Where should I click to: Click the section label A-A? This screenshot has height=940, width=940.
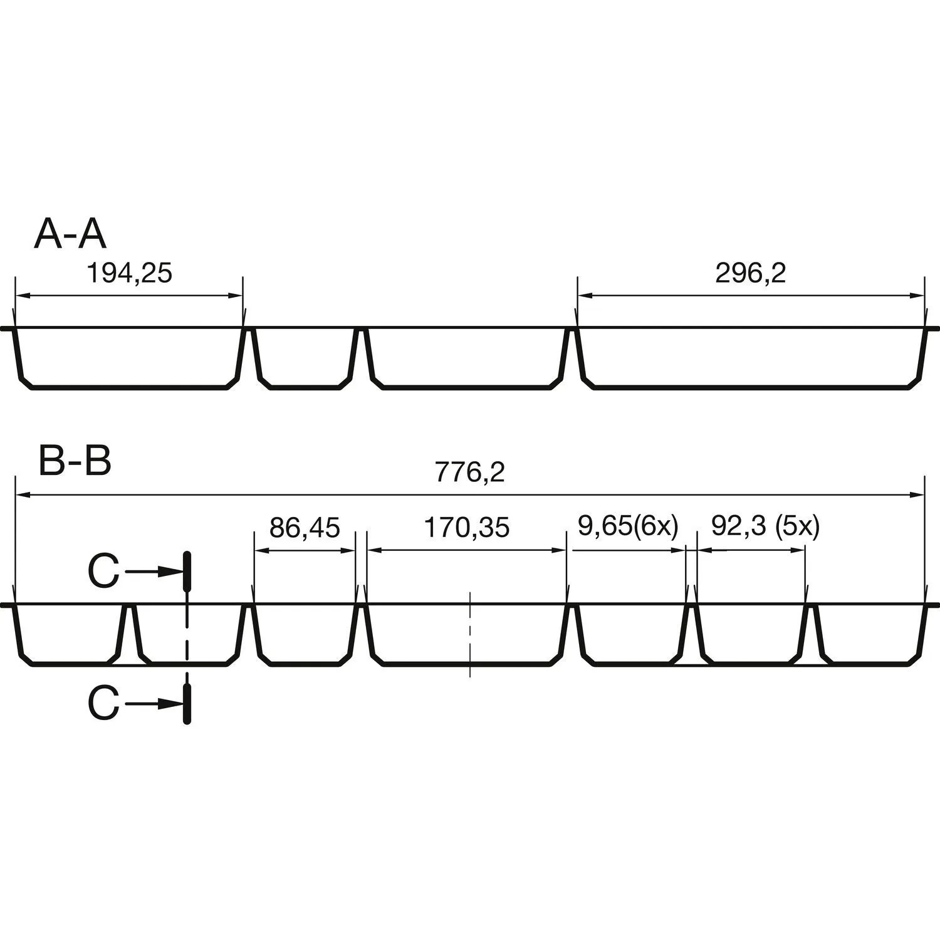click(x=70, y=234)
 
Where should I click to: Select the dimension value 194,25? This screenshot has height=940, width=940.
click(x=128, y=273)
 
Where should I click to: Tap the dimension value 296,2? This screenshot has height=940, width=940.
click(x=751, y=273)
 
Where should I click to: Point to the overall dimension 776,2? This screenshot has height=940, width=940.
click(x=470, y=473)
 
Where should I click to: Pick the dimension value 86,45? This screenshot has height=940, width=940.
click(x=305, y=528)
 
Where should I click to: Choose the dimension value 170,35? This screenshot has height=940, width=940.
click(x=467, y=528)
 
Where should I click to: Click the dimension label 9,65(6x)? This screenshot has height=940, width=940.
click(x=628, y=527)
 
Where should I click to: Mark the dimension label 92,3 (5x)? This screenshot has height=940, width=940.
click(x=765, y=527)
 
